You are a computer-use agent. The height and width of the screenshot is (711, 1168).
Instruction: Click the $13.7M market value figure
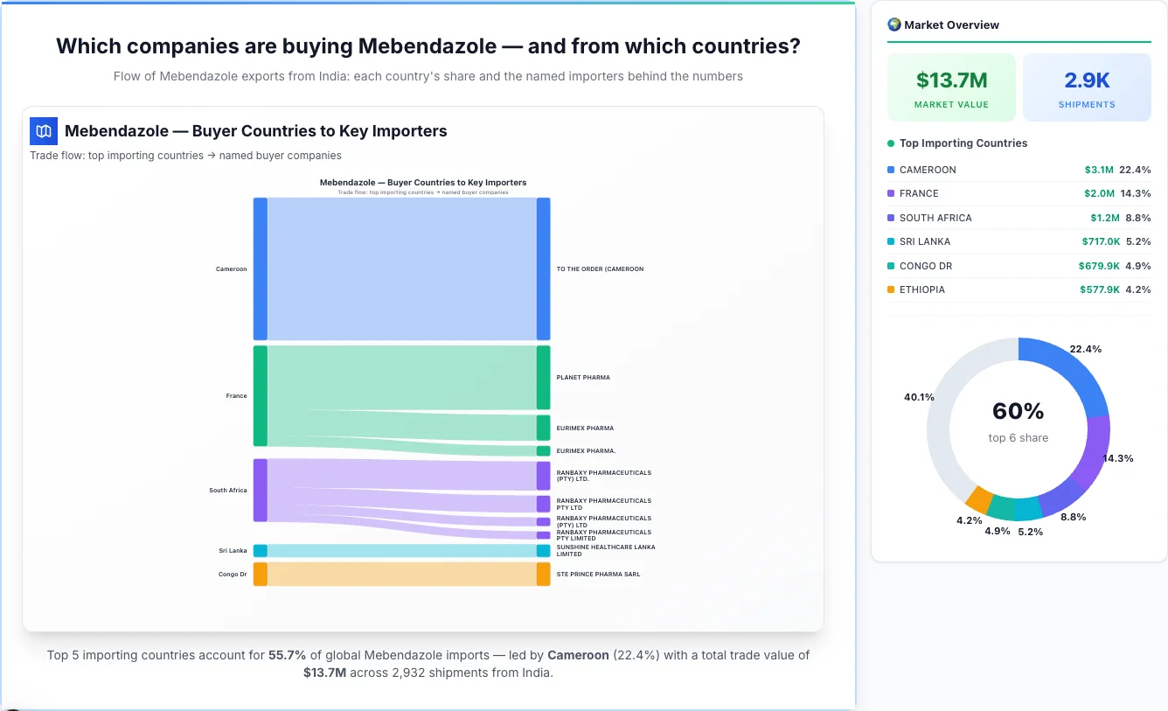point(951,80)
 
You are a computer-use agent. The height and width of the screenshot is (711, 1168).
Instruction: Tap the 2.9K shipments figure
point(1087,80)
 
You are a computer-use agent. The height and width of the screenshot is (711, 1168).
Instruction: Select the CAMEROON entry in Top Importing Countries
point(928,170)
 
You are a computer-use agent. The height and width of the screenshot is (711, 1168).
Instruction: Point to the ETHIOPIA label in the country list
point(921,289)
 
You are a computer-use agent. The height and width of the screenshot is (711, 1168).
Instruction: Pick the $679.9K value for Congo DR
point(1099,266)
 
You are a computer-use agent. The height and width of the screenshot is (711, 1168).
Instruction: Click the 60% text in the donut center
point(1018,411)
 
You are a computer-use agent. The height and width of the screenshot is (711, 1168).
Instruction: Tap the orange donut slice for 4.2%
point(979,499)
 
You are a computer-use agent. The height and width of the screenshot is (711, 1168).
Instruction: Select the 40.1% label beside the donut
point(919,397)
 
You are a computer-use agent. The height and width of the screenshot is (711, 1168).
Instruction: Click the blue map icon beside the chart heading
point(43,131)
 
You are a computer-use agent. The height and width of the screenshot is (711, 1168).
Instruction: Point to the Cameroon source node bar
point(260,268)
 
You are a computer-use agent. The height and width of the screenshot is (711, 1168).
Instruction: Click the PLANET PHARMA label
point(583,378)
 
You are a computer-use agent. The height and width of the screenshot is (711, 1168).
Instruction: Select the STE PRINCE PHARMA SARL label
point(598,575)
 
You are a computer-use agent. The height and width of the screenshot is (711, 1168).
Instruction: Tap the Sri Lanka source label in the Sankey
point(233,551)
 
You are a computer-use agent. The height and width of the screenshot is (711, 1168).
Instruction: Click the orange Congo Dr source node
point(260,574)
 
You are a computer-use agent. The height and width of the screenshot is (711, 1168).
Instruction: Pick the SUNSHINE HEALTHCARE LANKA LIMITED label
point(605,550)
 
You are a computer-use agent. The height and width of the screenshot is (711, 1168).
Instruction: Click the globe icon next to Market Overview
point(893,24)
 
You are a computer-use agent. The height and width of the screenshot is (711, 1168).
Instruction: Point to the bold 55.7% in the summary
point(287,655)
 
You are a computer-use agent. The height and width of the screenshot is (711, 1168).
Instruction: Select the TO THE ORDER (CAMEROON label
point(600,269)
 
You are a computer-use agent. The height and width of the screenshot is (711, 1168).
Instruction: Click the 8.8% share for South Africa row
point(1138,218)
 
